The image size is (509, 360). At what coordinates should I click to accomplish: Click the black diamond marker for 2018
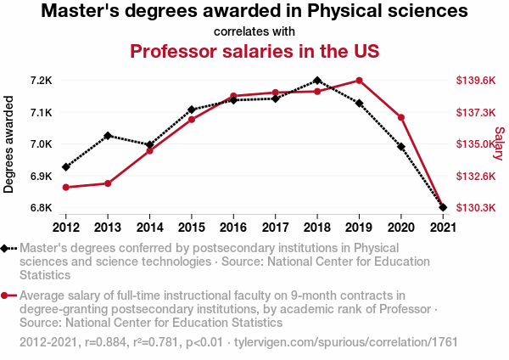(316, 81)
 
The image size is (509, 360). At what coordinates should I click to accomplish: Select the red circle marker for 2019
(359, 81)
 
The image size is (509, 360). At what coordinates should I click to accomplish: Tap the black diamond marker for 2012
(66, 166)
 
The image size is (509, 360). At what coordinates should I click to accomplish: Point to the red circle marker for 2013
(108, 183)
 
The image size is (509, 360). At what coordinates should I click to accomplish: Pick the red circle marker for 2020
(400, 117)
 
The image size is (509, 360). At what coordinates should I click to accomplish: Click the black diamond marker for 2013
(108, 136)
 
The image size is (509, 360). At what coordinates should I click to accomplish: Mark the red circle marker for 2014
(149, 150)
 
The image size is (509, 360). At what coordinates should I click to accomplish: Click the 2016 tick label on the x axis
(233, 227)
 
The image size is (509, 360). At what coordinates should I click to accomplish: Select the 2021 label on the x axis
(442, 227)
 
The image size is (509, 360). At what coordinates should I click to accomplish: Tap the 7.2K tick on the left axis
(41, 81)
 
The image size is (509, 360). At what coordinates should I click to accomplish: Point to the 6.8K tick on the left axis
(41, 207)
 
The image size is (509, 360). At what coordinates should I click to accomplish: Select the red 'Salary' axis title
(499, 143)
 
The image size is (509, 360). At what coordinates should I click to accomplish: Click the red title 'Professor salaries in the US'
(255, 51)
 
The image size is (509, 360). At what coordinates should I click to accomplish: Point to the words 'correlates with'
(255, 31)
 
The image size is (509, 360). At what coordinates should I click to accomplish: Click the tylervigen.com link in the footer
(357, 342)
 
